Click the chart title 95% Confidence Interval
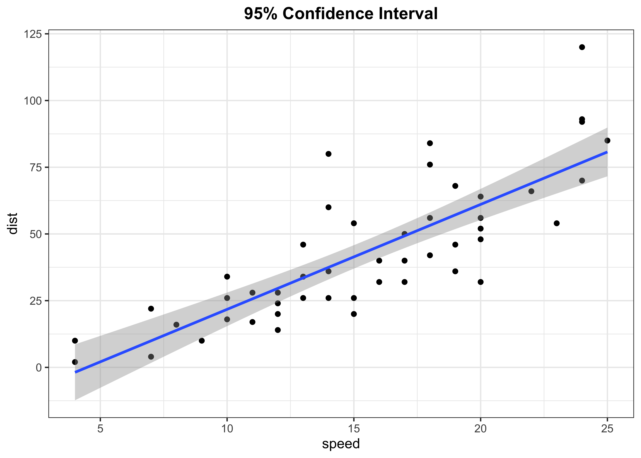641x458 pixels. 341,14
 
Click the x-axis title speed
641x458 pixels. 341,444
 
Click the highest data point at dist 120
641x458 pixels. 582,47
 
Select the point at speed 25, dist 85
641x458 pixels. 607,140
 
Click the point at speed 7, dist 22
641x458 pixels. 151,309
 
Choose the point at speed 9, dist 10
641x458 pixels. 202,341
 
